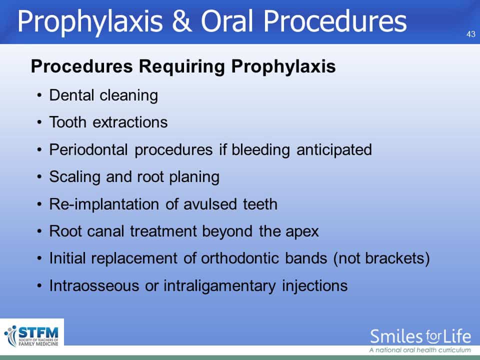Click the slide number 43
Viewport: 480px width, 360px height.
(471, 34)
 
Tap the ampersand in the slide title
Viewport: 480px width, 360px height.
(182, 21)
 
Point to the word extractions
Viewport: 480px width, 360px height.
(130, 122)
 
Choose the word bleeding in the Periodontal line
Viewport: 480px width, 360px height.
(260, 150)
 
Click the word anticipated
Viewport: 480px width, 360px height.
(334, 150)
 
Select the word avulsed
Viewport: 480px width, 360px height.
(210, 204)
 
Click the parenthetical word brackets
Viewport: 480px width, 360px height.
(397, 258)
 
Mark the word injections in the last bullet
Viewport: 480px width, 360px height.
(314, 286)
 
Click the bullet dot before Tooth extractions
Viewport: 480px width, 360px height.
(39, 122)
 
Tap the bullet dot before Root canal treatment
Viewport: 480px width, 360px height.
(39, 231)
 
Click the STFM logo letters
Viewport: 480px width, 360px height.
(38, 332)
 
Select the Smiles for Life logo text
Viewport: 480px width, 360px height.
(420, 336)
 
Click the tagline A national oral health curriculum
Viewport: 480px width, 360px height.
(420, 350)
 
